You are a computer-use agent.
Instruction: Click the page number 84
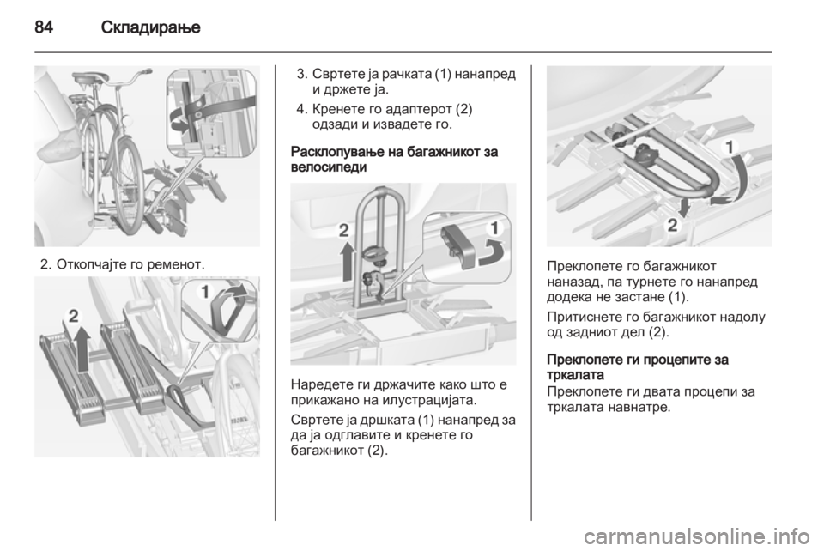44,27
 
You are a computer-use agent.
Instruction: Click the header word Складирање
151,27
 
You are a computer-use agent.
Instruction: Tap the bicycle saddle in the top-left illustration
88,78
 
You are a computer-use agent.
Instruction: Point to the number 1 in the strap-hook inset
205,292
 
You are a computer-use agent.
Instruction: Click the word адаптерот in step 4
413,110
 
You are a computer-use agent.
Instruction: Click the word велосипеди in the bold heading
329,167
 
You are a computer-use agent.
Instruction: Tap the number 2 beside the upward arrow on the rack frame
343,231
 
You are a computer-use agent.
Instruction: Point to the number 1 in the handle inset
494,228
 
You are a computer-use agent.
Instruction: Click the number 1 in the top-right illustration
730,147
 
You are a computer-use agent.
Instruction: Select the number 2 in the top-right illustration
672,226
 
